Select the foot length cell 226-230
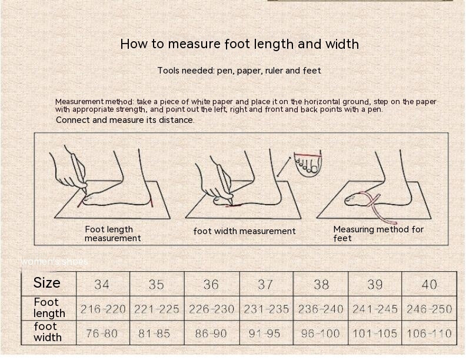212,309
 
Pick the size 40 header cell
429,284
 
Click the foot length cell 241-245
375,309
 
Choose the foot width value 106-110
429,334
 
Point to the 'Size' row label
46,282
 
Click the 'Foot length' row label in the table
49,308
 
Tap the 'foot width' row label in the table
48,332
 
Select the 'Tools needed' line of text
239,71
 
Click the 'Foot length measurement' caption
112,234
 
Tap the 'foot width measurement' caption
244,231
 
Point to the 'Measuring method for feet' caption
378,234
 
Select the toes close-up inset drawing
308,164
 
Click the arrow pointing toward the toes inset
284,167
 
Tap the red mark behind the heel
151,204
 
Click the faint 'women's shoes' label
54,262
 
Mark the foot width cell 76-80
102,334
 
